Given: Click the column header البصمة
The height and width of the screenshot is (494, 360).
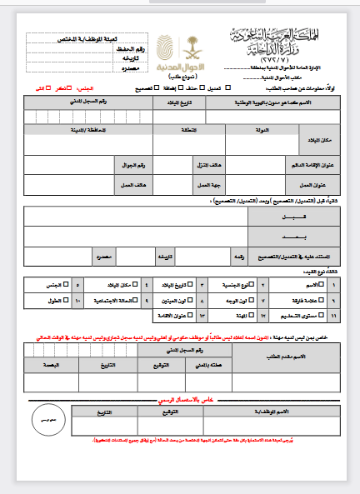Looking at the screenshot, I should coord(49,365).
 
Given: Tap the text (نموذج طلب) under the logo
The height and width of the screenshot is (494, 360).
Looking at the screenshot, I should coord(171,73).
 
